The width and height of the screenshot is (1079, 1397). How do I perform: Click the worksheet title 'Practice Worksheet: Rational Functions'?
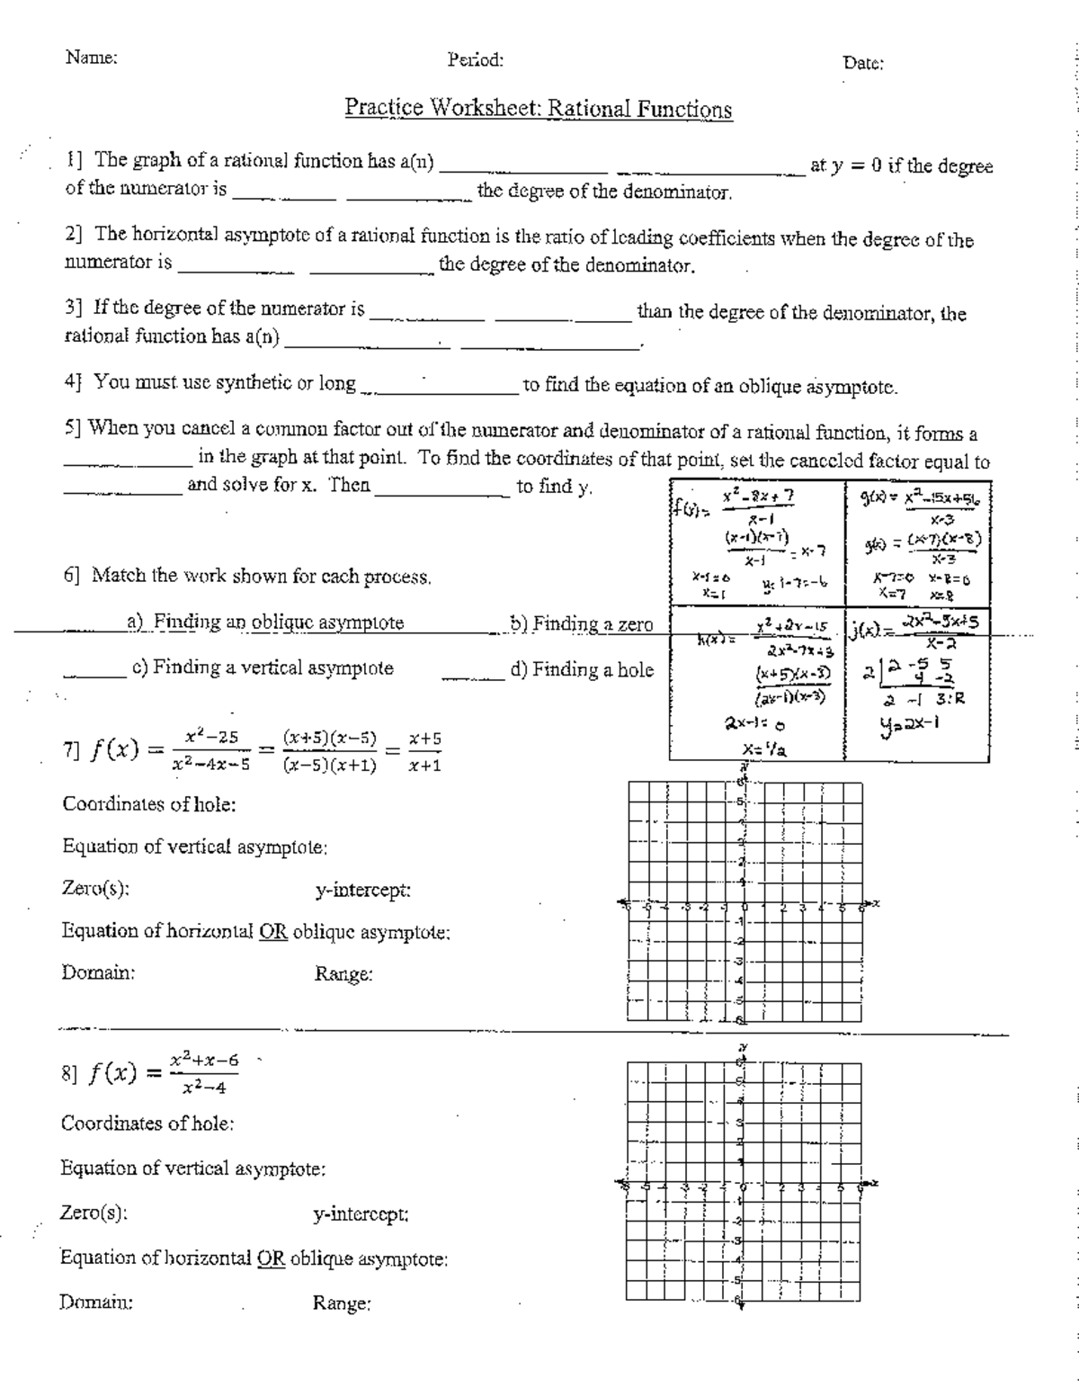tap(538, 109)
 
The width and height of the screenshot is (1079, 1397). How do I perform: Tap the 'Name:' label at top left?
tap(91, 58)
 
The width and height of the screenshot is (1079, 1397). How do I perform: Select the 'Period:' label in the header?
tap(475, 60)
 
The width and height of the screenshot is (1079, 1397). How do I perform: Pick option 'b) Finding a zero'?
tap(582, 624)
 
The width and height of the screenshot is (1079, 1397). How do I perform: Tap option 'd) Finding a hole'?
tap(582, 669)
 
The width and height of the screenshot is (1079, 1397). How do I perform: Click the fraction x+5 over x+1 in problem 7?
tap(424, 752)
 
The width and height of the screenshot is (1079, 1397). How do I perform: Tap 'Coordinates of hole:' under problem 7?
tap(148, 803)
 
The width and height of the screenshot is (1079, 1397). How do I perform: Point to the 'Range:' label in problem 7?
tap(343, 974)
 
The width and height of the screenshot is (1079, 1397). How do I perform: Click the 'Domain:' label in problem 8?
tap(96, 1302)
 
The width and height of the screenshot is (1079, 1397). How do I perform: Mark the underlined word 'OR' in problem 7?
tap(272, 931)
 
